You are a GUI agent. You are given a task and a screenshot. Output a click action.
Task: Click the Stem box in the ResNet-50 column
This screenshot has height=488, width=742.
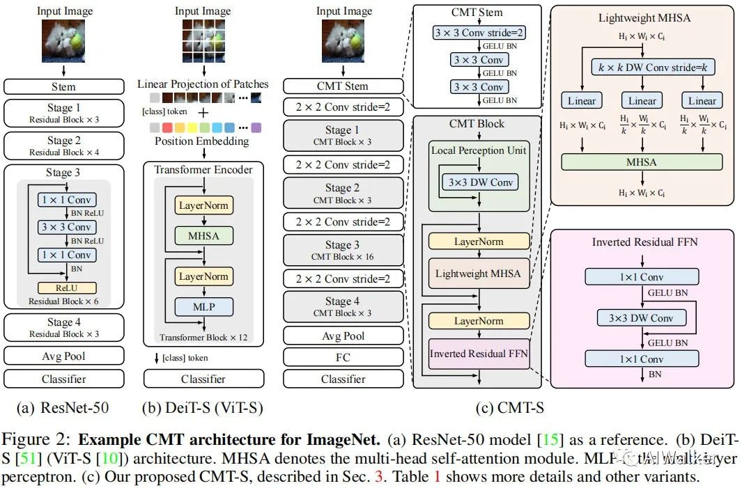63,87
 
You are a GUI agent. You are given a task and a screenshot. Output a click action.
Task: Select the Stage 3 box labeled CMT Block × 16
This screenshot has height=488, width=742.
343,250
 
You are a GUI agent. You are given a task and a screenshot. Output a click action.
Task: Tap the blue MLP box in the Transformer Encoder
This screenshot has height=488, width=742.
203,306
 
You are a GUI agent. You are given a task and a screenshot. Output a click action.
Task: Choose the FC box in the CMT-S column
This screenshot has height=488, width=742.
343,357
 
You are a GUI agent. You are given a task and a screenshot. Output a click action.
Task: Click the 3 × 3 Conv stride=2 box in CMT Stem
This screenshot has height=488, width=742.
478,33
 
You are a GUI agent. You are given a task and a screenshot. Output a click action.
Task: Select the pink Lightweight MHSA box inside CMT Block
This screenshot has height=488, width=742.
478,274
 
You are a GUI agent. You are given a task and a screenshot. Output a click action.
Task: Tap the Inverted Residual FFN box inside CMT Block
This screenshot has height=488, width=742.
478,354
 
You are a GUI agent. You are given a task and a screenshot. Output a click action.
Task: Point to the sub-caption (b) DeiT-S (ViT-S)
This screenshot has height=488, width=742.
203,407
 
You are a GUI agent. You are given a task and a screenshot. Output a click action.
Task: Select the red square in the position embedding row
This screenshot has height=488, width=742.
167,128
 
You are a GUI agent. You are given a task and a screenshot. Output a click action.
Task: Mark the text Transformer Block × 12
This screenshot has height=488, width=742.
203,338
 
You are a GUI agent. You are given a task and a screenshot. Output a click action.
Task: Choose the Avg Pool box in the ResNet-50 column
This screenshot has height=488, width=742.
63,356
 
